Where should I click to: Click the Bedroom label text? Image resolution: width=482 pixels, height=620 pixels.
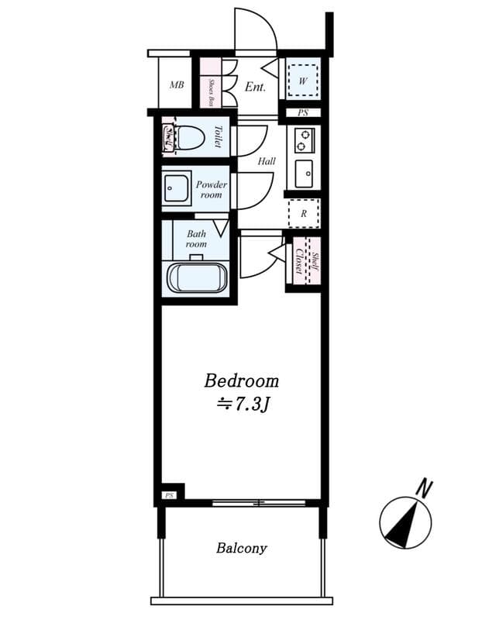point(242,381)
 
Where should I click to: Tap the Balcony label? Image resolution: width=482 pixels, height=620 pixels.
point(242,548)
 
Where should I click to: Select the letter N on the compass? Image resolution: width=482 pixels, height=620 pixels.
point(425,488)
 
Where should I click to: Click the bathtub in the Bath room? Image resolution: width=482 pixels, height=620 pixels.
point(198,277)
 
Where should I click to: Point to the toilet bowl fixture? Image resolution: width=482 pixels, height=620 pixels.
point(189,138)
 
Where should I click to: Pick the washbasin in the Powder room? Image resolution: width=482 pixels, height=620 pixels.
point(177,188)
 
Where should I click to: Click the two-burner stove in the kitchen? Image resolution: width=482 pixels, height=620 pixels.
point(305,140)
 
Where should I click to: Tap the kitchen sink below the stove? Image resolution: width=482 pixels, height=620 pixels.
point(304,174)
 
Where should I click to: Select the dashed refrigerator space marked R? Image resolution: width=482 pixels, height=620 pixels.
point(304,214)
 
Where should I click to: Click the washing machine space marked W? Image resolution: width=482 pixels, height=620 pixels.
point(302,81)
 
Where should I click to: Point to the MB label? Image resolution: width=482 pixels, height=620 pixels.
point(177,84)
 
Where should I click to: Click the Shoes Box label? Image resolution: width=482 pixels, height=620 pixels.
point(212,91)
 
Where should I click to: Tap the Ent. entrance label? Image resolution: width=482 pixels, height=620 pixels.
point(255,87)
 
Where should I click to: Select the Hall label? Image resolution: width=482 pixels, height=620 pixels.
point(267,161)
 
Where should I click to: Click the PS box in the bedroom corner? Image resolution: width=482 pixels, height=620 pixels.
point(170,494)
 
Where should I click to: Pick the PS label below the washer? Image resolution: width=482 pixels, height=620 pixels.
point(303,113)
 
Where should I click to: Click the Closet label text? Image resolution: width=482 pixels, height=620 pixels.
point(300,261)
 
